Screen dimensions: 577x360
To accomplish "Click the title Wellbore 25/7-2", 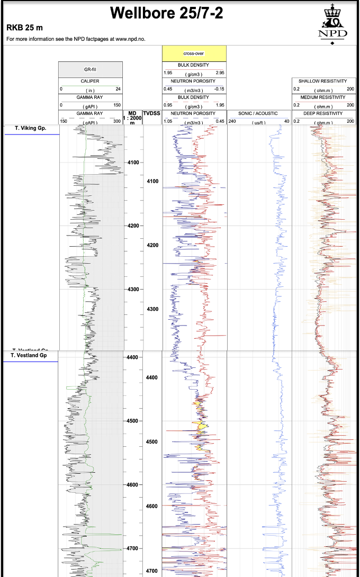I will click(x=167, y=13).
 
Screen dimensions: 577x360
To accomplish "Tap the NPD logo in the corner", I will click(x=333, y=24).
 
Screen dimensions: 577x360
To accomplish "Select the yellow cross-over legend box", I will click(x=194, y=53).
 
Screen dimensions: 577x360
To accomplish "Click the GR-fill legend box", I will click(x=90, y=69).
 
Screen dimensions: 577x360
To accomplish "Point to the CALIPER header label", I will click(x=90, y=81).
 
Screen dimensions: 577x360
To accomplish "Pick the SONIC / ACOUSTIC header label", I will click(x=258, y=113).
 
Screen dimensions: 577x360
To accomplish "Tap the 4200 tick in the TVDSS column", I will click(x=152, y=245).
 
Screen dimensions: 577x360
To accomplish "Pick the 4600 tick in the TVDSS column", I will click(x=152, y=506).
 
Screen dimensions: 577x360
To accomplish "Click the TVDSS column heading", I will click(x=151, y=113).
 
